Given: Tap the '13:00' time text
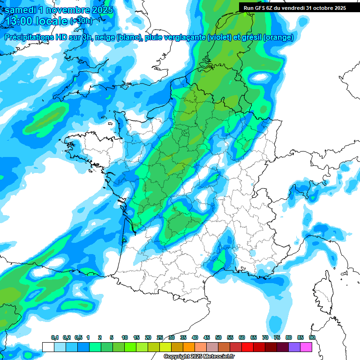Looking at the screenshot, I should (20, 21).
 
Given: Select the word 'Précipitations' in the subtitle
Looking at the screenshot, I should (28, 37).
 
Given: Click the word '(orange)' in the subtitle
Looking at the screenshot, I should (278, 37).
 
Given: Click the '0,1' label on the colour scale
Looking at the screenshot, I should (55, 337).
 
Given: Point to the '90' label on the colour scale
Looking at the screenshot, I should (312, 337).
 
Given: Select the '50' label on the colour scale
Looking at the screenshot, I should (218, 337).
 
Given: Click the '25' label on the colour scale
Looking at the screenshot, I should (160, 337).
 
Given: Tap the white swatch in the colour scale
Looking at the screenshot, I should (48, 347).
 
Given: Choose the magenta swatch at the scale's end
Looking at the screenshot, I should (306, 347).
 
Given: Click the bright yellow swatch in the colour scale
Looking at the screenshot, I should (165, 347).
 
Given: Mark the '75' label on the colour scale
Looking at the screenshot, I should (277, 337).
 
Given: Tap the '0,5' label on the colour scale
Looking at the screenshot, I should (78, 337).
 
